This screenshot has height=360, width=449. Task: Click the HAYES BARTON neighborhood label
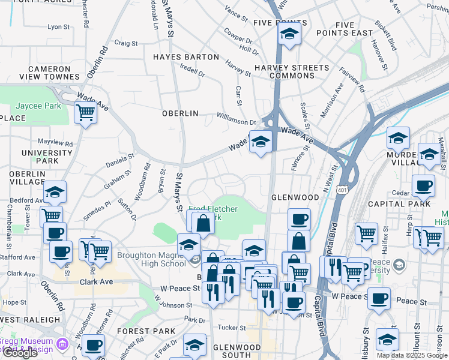[186, 57]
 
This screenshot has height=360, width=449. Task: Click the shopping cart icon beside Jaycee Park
[86, 112]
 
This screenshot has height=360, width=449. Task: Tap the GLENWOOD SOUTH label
[237, 352]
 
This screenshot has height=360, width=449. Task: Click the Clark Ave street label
[97, 281]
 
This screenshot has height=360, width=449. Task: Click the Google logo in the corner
[20, 353]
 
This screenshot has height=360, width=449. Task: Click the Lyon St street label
[58, 27]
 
